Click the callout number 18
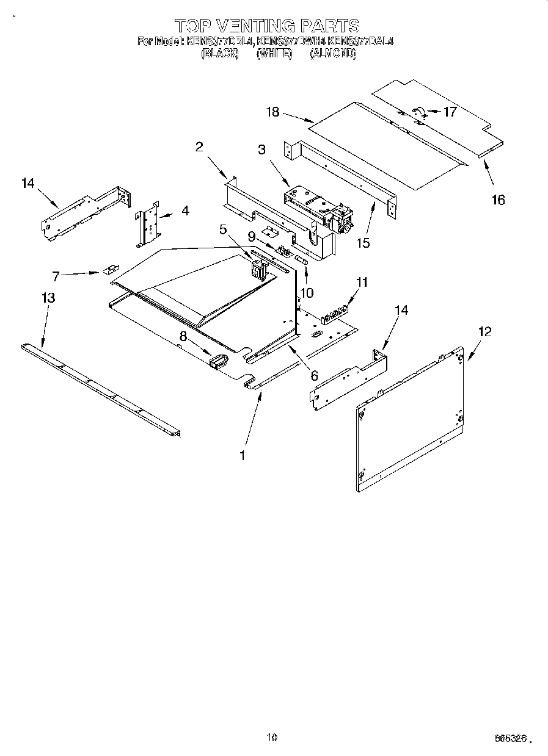point(272,112)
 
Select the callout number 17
point(450,112)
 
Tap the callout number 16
point(499,200)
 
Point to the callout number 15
point(364,242)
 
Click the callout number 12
point(484,332)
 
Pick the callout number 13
point(48,298)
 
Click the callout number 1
point(243,455)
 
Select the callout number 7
point(56,276)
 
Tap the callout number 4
point(184,211)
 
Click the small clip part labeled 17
point(419,111)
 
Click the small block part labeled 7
point(111,268)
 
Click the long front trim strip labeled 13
point(101,391)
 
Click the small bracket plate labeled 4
point(148,223)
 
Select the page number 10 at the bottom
point(272,737)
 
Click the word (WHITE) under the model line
point(271,54)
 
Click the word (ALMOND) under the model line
point(332,54)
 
